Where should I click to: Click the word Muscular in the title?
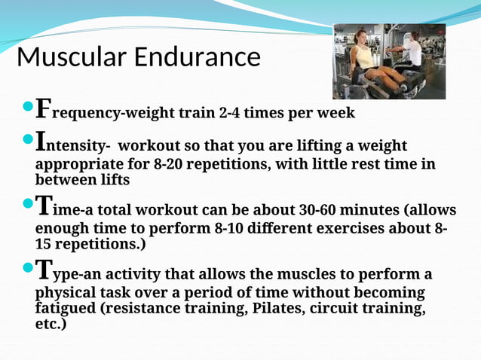[x=72, y=57]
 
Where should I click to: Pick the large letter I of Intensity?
[x=41, y=141]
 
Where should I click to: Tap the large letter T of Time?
[x=44, y=205]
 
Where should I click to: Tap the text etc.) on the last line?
[x=51, y=325]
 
